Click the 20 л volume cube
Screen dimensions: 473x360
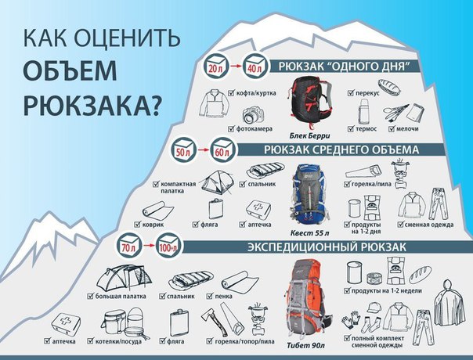click(x=215, y=66)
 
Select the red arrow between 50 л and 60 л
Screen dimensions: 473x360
click(x=203, y=149)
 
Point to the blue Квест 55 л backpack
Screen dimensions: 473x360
click(x=309, y=193)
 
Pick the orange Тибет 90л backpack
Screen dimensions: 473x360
click(x=307, y=298)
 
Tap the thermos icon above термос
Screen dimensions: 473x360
click(x=363, y=111)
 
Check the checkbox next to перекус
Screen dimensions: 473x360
click(x=351, y=92)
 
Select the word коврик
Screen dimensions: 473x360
click(x=153, y=225)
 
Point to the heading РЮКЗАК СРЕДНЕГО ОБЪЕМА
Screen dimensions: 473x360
click(x=341, y=149)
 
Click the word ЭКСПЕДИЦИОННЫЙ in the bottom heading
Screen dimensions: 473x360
click(x=302, y=247)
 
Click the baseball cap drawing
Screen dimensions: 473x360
click(x=374, y=308)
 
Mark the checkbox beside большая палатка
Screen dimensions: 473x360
click(x=90, y=296)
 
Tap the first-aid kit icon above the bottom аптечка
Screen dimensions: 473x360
click(x=66, y=325)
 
